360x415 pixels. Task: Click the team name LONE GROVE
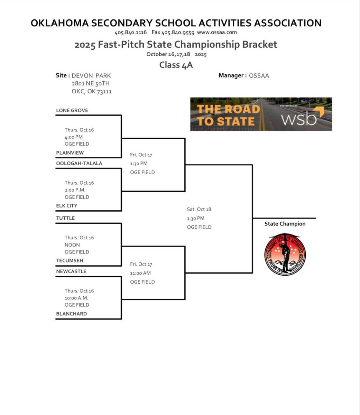coord(72,110)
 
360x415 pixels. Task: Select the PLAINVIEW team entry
coord(70,153)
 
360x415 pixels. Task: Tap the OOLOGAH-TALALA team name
coord(79,163)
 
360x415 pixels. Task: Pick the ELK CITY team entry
coord(67,205)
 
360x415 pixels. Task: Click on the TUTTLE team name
coord(65,218)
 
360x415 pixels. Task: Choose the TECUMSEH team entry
coord(70,260)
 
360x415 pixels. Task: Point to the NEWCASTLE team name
coord(71,271)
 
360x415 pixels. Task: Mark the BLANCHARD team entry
coord(71,314)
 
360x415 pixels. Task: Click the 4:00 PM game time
coord(74,137)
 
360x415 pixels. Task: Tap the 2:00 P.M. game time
coord(75,190)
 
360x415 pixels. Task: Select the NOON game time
coord(72,245)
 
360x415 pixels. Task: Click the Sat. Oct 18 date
coord(199,209)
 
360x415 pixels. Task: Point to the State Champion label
coord(285,224)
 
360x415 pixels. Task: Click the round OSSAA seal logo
coord(285,254)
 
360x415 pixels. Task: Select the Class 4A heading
coord(176,65)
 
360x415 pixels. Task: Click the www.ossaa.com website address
coord(217,32)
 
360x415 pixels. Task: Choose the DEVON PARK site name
coord(91,75)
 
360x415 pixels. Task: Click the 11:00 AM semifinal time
coord(140,273)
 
